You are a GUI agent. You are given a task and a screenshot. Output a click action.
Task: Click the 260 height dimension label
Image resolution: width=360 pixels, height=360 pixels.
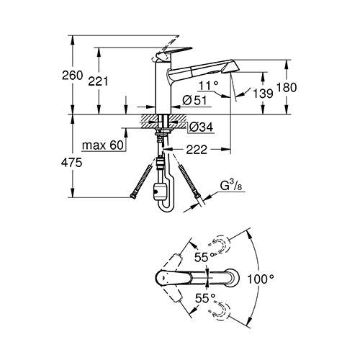click(72, 76)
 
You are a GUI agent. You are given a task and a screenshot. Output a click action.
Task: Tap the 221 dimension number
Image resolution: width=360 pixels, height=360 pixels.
click(98, 81)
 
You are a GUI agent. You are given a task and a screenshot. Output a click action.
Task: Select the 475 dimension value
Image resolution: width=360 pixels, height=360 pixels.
click(71, 163)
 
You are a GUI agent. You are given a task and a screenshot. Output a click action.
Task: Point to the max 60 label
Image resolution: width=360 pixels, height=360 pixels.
click(103, 145)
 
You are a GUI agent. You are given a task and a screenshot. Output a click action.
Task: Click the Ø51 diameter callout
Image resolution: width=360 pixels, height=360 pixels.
click(194, 100)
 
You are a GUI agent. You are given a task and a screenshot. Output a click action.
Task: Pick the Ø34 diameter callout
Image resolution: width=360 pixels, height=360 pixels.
click(201, 127)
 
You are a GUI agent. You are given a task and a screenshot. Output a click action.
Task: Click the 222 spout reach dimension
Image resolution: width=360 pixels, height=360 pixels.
click(197, 150)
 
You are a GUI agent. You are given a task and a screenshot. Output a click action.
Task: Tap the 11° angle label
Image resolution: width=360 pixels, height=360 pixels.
click(209, 85)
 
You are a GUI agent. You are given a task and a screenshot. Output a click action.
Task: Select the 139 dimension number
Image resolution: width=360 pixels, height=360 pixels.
click(264, 93)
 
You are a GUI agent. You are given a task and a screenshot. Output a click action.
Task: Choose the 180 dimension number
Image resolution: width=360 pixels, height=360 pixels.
click(287, 87)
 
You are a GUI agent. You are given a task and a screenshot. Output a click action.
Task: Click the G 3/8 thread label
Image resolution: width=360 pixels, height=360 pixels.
click(229, 186)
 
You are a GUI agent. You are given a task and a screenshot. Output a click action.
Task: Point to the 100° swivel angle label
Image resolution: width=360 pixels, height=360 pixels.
click(261, 279)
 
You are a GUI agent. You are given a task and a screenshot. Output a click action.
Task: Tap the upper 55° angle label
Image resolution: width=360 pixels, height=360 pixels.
click(204, 258)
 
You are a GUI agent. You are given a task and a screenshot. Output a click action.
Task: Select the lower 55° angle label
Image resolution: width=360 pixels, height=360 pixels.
click(205, 298)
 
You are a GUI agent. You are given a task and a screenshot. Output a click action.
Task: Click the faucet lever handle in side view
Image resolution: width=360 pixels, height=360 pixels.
click(173, 53)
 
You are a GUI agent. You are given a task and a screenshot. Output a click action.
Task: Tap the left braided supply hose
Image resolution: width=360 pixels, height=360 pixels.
click(142, 181)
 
